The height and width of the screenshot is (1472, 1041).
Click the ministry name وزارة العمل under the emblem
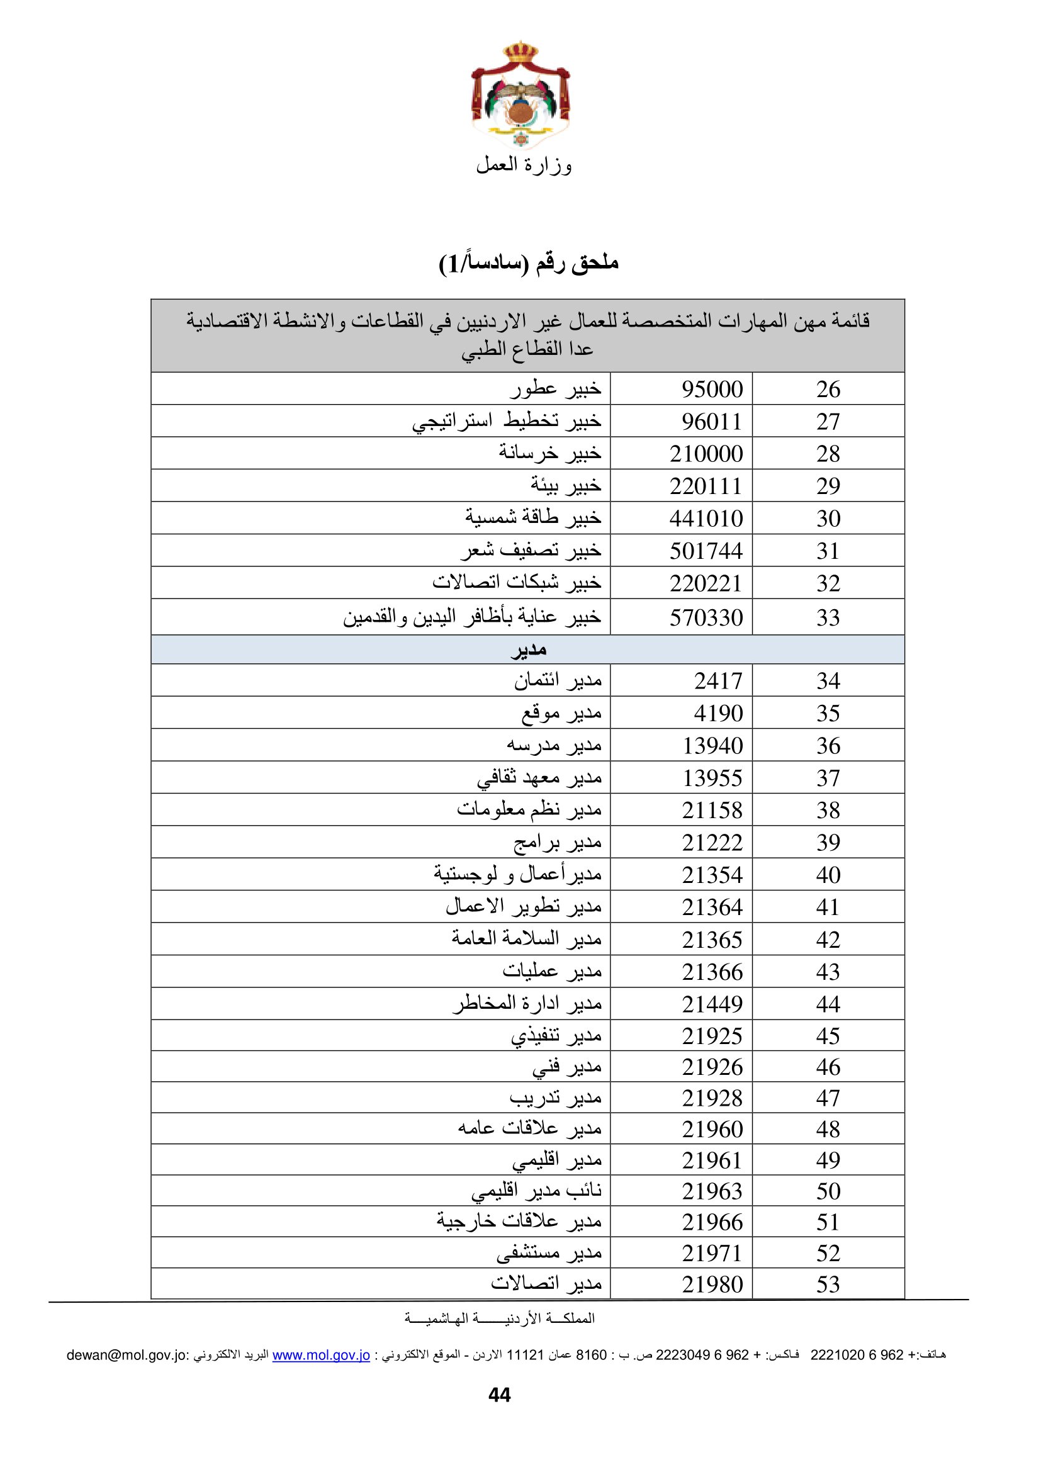(x=524, y=166)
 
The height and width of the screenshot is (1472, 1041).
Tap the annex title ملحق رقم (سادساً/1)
(x=528, y=263)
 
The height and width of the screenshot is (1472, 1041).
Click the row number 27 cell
(x=828, y=422)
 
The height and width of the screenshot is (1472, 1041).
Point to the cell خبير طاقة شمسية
(x=532, y=517)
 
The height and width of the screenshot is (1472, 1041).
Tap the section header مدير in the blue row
(x=528, y=650)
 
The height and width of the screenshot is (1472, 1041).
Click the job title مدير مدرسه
(x=554, y=745)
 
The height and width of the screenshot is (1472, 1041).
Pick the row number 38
(x=828, y=811)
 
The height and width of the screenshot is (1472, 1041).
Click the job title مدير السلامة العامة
(x=526, y=939)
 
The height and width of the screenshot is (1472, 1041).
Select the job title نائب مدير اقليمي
(x=536, y=1191)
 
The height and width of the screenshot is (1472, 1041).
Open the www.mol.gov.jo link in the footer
(x=321, y=1355)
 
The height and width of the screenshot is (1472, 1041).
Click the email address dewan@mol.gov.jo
(x=128, y=1355)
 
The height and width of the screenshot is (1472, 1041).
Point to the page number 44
(x=499, y=1395)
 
